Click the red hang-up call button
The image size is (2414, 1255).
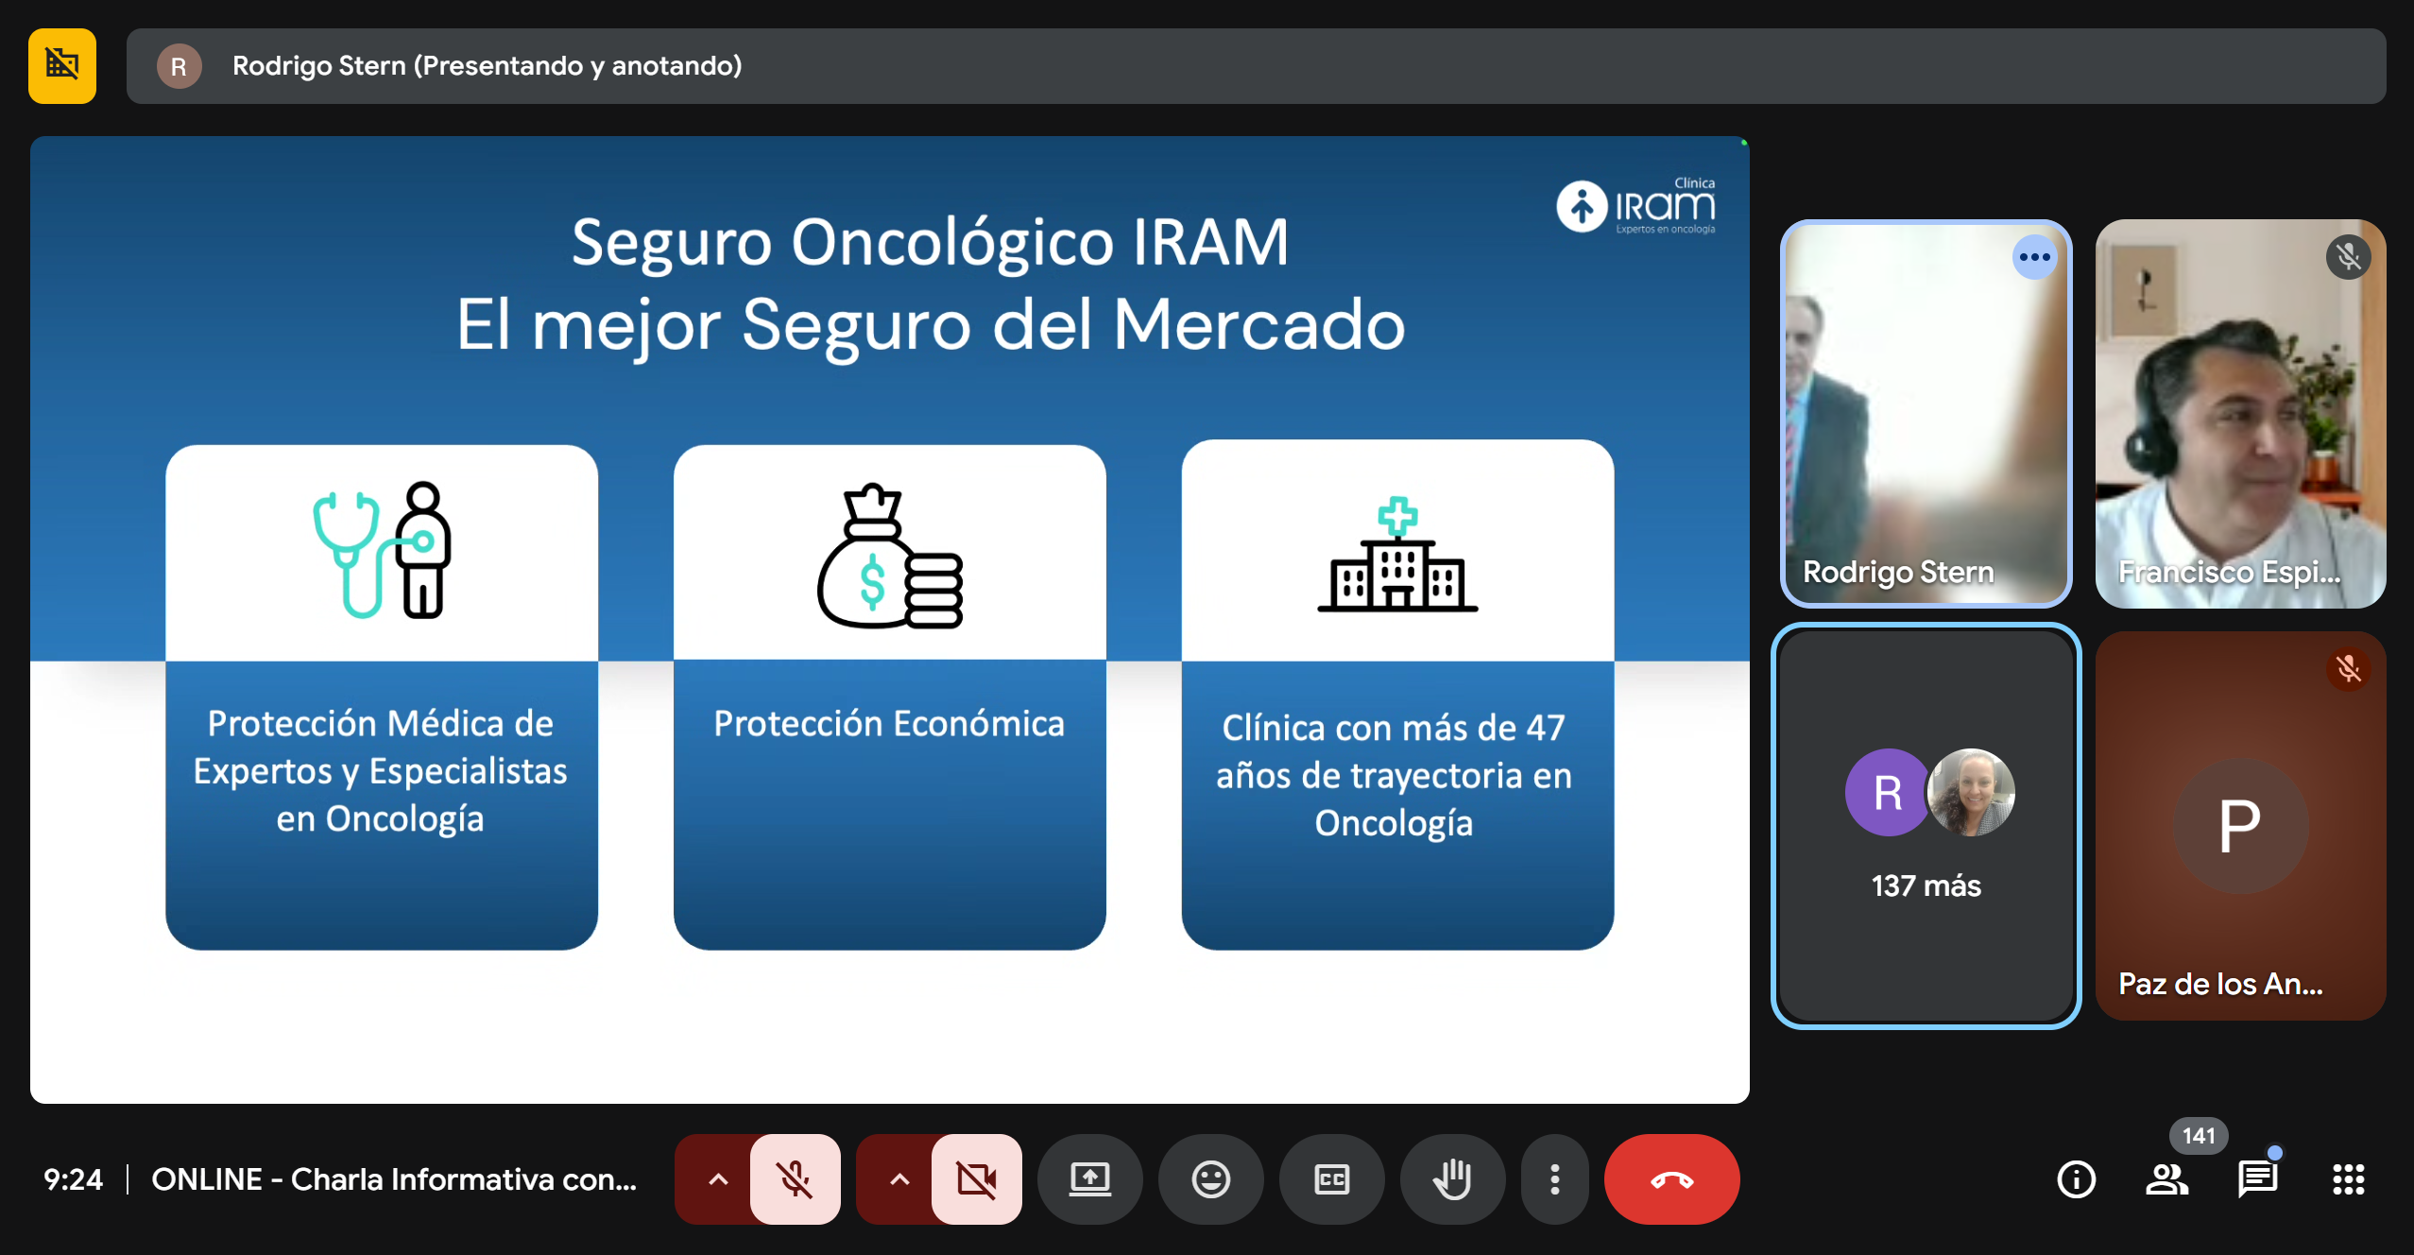(x=1670, y=1178)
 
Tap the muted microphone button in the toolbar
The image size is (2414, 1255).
(x=795, y=1178)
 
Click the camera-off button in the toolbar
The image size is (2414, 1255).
(x=976, y=1178)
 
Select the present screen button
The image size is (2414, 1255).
(x=1089, y=1178)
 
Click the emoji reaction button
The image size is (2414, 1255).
(x=1210, y=1178)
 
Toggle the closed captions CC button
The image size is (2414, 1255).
(x=1331, y=1178)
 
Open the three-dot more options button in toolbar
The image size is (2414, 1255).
(x=1554, y=1178)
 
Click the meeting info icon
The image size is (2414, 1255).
(x=2076, y=1178)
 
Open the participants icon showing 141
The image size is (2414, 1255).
(x=2167, y=1178)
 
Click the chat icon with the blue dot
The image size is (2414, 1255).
(x=2257, y=1178)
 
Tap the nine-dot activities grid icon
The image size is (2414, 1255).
(x=2348, y=1178)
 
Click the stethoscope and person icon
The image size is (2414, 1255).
(x=383, y=550)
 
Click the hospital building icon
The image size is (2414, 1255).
(x=1397, y=555)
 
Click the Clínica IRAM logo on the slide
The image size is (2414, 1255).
(x=1636, y=206)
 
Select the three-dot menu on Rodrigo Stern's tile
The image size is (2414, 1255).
(x=2034, y=257)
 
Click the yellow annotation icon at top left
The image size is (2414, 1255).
(x=62, y=65)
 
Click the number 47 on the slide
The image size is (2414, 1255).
(x=1545, y=728)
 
